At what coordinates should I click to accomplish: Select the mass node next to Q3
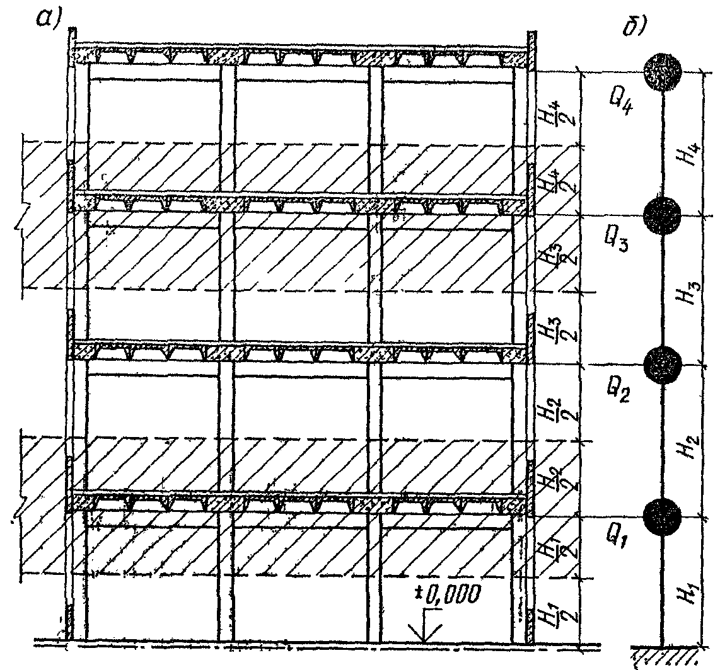663,215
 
